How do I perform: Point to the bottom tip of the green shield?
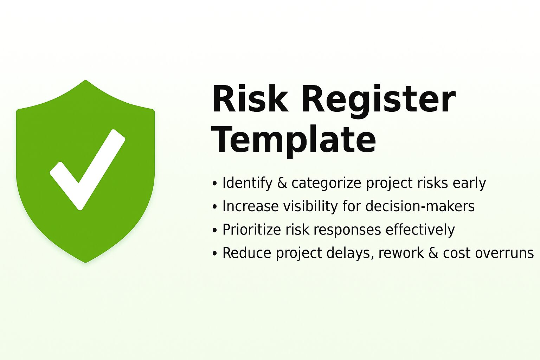tap(85, 261)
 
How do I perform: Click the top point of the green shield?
tap(85, 81)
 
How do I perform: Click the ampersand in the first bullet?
tap(282, 183)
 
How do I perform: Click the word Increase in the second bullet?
tap(250, 206)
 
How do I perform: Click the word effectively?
tap(420, 230)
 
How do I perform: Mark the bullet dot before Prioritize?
tap(215, 231)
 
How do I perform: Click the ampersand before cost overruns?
tap(433, 253)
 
